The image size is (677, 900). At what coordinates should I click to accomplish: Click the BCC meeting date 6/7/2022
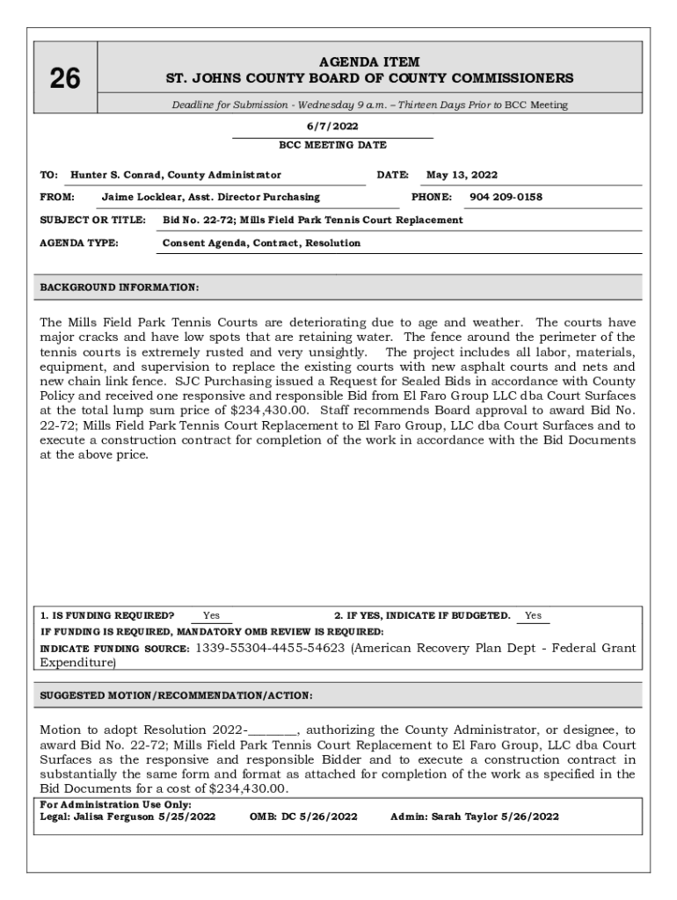point(332,127)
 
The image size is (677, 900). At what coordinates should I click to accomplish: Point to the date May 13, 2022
point(462,175)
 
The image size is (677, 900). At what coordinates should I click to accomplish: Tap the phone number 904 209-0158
point(506,197)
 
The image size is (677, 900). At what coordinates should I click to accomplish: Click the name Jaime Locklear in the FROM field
point(140,197)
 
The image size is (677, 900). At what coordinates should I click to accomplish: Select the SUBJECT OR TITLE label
point(92,220)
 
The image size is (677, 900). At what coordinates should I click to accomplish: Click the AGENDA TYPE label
point(79,243)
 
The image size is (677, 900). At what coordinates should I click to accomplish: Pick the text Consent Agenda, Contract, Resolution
point(261,243)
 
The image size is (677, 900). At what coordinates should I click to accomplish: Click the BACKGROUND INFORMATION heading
point(120,287)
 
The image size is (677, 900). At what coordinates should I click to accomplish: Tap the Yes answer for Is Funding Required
point(211,615)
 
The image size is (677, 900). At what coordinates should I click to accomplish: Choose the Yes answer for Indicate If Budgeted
point(533,615)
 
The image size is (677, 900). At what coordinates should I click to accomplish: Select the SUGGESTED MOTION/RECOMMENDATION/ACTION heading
point(176,695)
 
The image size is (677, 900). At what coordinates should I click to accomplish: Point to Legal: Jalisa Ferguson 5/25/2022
point(127,817)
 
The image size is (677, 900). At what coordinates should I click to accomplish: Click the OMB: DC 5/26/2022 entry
point(303,817)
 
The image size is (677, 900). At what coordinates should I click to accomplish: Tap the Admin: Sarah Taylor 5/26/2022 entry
point(474,817)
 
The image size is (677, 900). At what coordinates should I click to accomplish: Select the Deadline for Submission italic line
point(369,105)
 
